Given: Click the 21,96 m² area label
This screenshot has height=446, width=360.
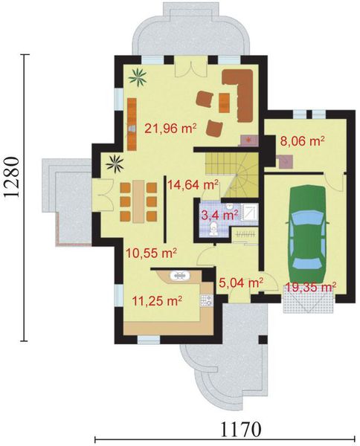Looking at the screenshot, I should pyautogui.click(x=170, y=128).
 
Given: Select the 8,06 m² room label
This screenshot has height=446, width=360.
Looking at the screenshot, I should pyautogui.click(x=302, y=139).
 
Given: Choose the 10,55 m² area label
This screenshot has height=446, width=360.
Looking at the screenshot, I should pyautogui.click(x=150, y=252).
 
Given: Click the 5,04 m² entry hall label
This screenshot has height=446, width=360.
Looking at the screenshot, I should pyautogui.click(x=242, y=282).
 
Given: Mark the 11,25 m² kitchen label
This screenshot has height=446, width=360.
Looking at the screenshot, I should pyautogui.click(x=157, y=300).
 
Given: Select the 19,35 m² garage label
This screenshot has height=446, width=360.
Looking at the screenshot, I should pyautogui.click(x=310, y=285).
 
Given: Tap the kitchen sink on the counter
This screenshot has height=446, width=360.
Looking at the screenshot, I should pyautogui.click(x=181, y=276).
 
